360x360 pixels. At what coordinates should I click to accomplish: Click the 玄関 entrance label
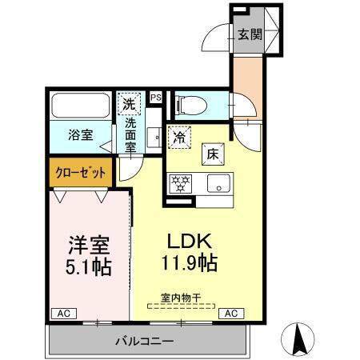coord(250,34)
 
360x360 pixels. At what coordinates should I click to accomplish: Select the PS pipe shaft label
coord(156,98)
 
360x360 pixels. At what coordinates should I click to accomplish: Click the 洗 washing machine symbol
coord(129,102)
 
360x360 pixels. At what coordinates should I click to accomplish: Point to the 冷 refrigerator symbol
coord(181,138)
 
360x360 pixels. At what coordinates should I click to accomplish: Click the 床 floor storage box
coord(214,154)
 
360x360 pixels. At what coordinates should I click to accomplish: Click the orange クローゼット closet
coord(79,171)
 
